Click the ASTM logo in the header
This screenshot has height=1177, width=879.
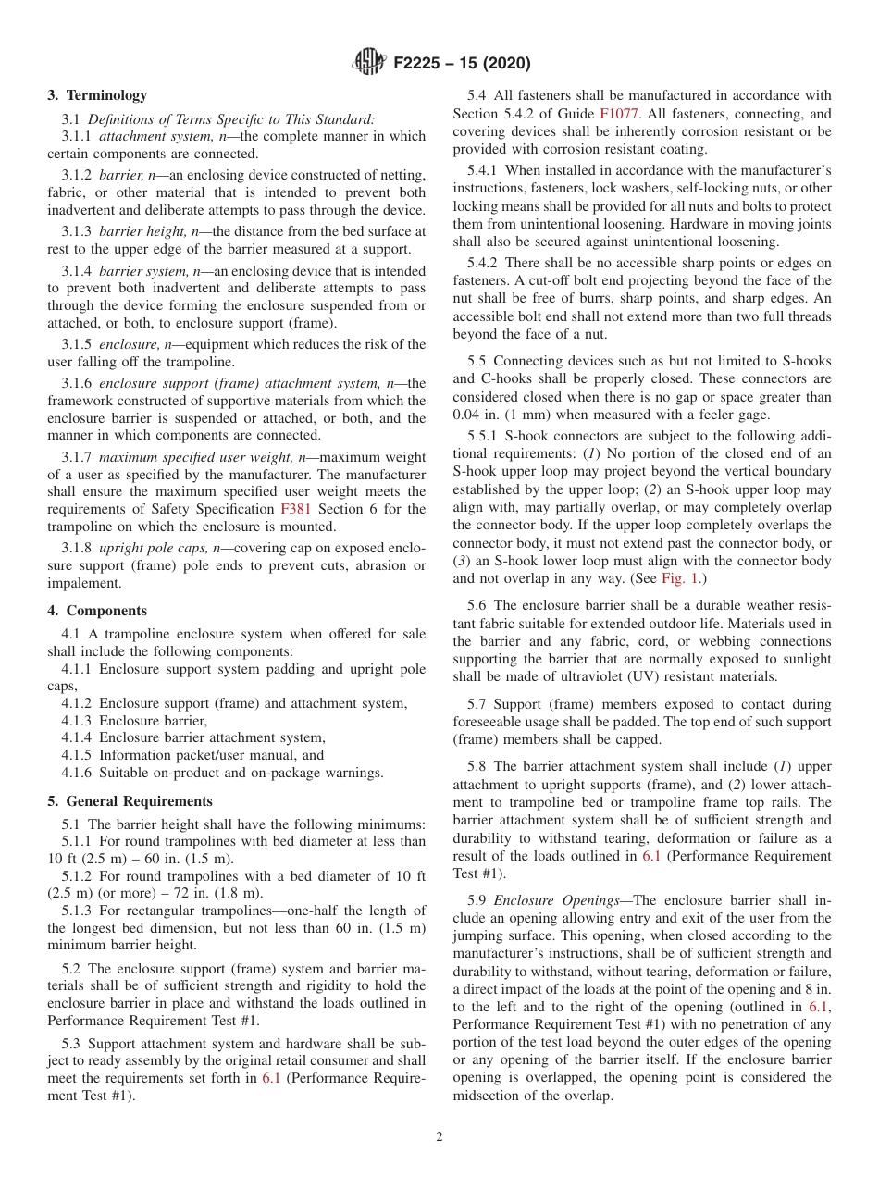pyautogui.click(x=370, y=63)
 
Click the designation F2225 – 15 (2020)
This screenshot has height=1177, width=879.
pyautogui.click(x=462, y=64)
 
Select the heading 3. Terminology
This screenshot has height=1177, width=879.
pyautogui.click(x=96, y=94)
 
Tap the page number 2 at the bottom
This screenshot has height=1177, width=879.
pyautogui.click(x=439, y=1137)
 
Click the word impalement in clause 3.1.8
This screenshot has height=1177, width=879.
pyautogui.click(x=85, y=583)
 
